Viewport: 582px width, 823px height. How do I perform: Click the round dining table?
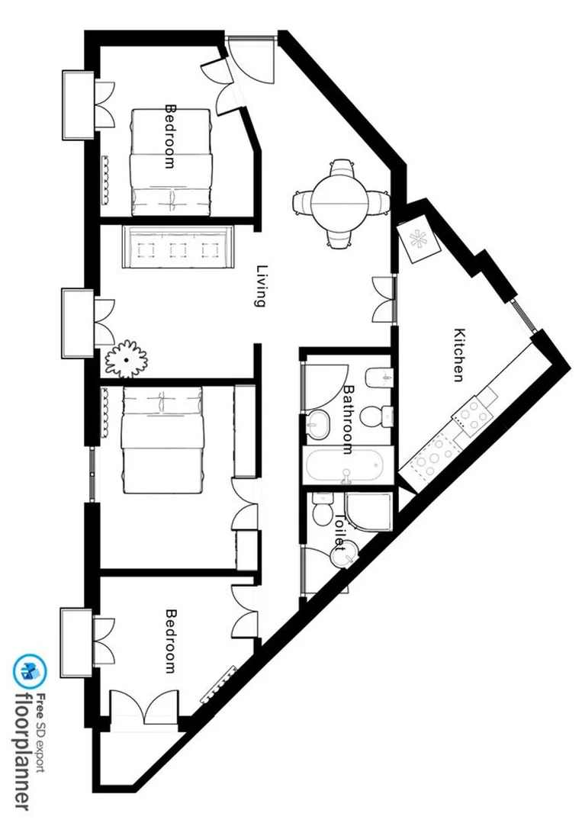tap(340, 203)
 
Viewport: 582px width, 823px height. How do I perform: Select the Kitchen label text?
tap(459, 355)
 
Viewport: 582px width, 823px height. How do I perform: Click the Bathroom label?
tap(348, 420)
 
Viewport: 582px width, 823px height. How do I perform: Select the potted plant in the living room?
tap(127, 358)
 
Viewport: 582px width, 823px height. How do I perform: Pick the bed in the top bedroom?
tap(171, 162)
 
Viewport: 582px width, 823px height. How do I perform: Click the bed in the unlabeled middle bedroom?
tap(162, 440)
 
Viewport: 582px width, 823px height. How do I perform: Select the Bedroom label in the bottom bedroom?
tap(171, 641)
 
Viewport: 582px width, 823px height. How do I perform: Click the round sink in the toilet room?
tap(345, 554)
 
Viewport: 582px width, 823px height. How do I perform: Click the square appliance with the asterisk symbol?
tap(419, 239)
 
